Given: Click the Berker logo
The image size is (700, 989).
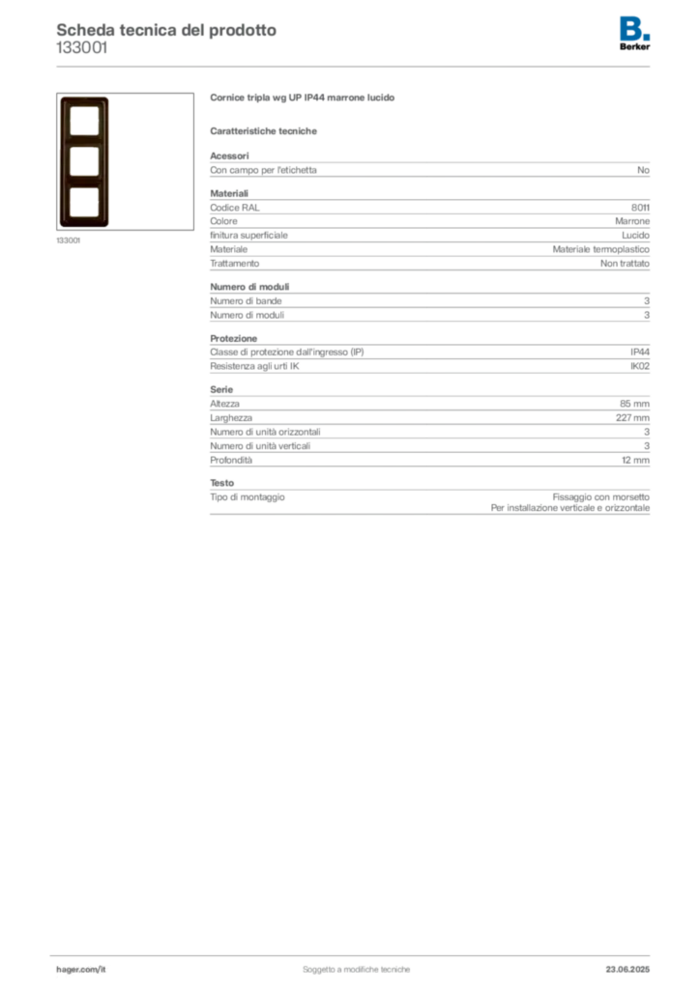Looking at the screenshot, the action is pos(634,34).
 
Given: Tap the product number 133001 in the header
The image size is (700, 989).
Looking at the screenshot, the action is pos(82,48).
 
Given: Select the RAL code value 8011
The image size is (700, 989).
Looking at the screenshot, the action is pos(640,208).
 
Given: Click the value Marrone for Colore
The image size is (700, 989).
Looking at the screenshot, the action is pos(632,221).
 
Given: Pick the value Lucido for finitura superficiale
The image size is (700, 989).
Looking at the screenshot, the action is pos(635,236).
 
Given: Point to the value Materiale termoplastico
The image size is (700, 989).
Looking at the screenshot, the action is pos(601,250).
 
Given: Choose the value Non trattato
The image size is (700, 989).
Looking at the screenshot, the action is pos(625,264).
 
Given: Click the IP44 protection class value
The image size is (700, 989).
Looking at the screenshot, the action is pos(640,352).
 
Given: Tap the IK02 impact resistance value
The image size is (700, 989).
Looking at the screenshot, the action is pos(640,366).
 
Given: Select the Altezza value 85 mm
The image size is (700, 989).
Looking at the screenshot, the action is pos(634,404).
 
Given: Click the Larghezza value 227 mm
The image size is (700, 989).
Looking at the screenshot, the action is pos(632,418).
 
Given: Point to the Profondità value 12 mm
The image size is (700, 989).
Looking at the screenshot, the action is pos(635,461).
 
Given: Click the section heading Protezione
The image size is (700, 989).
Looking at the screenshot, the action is pos(234,339).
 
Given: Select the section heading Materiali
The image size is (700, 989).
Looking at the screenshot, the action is pos(229,193).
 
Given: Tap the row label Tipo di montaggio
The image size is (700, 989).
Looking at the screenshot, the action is pos(248,497).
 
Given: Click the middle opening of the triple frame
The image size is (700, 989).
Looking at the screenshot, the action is pos(84,161).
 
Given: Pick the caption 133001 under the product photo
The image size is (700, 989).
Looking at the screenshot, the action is pos(69,240).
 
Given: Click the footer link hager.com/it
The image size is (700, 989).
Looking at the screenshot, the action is pos(81,970).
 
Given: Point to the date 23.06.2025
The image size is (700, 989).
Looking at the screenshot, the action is pos(627,970).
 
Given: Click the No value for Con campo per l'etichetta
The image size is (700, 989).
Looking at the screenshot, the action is pos(643,170).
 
